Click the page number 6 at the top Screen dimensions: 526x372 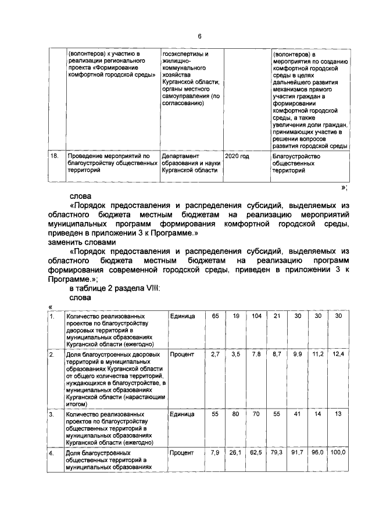199,36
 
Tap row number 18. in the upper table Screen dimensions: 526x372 55,156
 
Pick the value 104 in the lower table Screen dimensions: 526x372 256,316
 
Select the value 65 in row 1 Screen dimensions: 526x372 215,316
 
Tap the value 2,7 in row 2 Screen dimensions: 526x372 215,354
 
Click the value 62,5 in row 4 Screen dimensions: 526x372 256,452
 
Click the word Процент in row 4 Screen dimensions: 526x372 182,452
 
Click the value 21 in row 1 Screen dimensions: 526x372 277,316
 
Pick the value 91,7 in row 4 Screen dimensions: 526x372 297,452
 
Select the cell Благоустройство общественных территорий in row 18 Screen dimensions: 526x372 296,164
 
